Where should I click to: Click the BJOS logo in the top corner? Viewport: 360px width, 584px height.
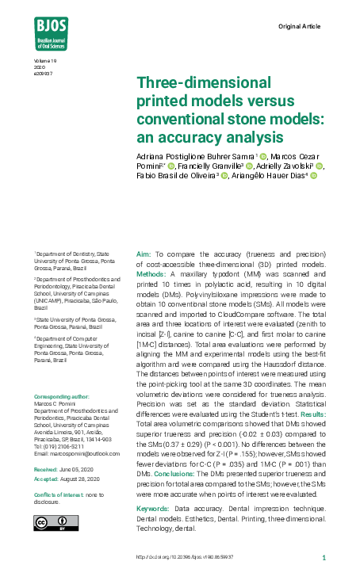(x=51, y=32)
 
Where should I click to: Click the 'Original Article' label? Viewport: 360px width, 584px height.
(x=300, y=27)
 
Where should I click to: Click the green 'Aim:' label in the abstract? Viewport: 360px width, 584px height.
(x=144, y=253)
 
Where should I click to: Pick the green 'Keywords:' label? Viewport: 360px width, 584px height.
(x=153, y=507)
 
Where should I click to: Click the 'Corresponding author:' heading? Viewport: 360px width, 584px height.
(x=59, y=396)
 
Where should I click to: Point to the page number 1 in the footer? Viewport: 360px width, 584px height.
(x=324, y=558)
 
